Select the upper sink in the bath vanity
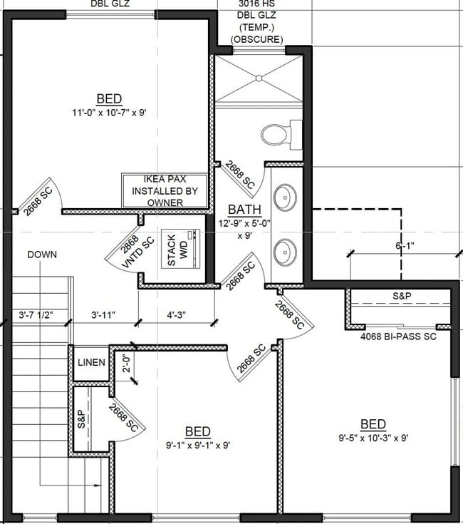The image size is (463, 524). (x=286, y=197)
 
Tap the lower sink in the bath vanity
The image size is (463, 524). (x=286, y=250)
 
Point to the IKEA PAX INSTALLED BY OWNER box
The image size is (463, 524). (x=165, y=191)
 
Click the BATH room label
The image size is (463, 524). (x=244, y=210)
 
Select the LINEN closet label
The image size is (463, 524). (x=91, y=363)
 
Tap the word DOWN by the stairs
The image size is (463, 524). (x=42, y=255)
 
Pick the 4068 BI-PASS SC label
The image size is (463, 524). (x=398, y=336)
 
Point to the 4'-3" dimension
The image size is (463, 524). (x=177, y=314)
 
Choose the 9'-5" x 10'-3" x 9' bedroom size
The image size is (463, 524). (x=373, y=438)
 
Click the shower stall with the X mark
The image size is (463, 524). (x=259, y=79)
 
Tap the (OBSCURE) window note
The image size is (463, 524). (x=258, y=38)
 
